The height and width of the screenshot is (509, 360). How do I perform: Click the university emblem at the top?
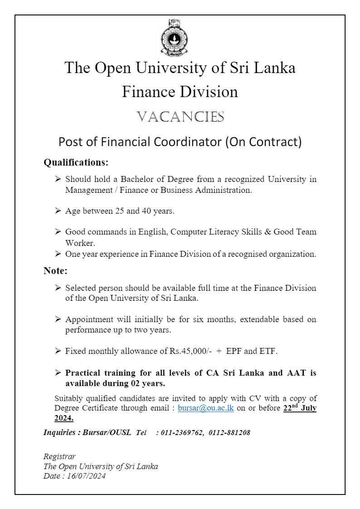point(174,38)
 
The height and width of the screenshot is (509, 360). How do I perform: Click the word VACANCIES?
point(180,117)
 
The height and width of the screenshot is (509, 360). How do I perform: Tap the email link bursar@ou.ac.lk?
point(205,408)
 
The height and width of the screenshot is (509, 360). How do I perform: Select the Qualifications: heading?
point(76,162)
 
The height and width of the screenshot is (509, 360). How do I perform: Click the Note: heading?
point(55,271)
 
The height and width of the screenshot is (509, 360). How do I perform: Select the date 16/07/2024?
point(86,476)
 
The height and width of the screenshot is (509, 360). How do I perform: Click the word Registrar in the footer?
point(59,456)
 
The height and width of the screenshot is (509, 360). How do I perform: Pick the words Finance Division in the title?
point(180,92)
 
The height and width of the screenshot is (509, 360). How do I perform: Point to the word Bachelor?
point(136,179)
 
